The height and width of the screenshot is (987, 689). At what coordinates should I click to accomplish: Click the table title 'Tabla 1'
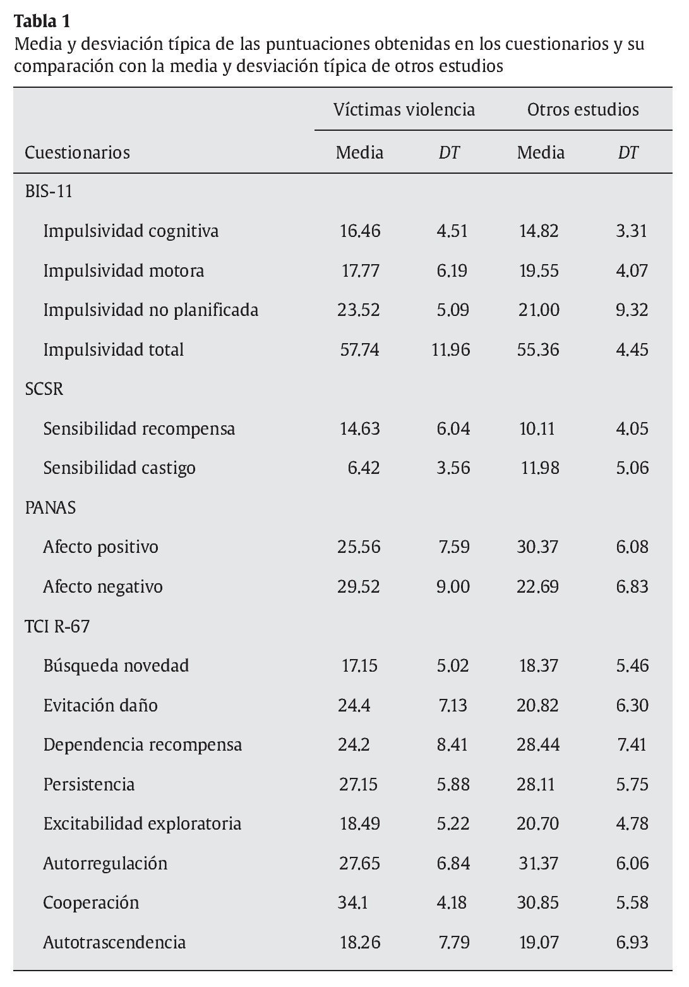[x=42, y=21]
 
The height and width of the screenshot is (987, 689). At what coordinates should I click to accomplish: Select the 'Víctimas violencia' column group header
[x=404, y=110]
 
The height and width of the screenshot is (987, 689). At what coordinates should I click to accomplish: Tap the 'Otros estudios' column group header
[x=583, y=110]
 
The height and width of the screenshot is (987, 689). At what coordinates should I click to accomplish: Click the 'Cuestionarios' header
[x=77, y=153]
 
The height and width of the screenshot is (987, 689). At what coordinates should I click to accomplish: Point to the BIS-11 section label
[x=49, y=191]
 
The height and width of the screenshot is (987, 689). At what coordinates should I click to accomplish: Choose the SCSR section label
[x=44, y=389]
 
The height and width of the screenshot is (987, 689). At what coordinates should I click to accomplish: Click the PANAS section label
[x=51, y=507]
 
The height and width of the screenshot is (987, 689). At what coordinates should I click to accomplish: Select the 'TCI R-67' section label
[x=57, y=626]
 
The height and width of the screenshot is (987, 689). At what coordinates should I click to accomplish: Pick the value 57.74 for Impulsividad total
[x=359, y=349]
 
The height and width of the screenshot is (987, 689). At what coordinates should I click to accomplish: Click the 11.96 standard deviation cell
[x=451, y=349]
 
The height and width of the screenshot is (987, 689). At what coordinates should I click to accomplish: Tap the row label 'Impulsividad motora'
[x=123, y=271]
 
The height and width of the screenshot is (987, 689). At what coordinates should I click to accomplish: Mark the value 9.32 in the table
[x=632, y=310]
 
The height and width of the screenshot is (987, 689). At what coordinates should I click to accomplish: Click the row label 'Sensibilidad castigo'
[x=119, y=468]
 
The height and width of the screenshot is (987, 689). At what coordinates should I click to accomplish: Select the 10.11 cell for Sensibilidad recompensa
[x=537, y=429]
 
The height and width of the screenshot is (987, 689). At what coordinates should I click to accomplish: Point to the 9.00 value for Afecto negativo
[x=453, y=587]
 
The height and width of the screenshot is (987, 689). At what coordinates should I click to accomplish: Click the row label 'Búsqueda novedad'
[x=116, y=666]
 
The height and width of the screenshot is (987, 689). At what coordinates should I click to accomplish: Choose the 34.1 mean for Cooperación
[x=353, y=903]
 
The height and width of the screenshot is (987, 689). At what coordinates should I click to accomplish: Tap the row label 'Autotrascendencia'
[x=114, y=943]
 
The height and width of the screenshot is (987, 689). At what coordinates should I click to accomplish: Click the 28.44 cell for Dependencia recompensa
[x=538, y=745]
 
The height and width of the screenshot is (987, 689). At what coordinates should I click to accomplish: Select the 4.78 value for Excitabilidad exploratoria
[x=632, y=824]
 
